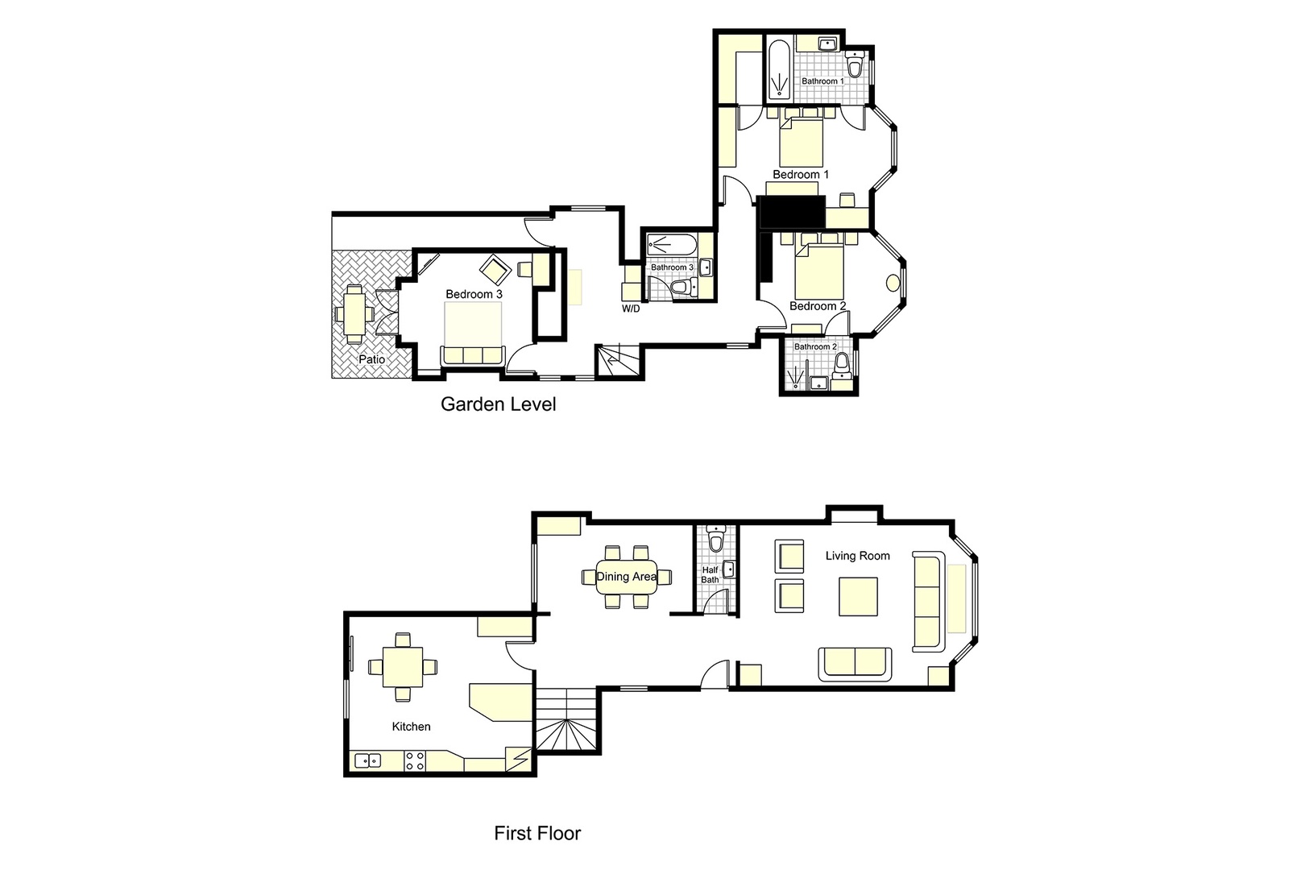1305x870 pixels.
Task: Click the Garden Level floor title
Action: click(x=498, y=404)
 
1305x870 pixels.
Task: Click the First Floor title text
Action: click(x=537, y=833)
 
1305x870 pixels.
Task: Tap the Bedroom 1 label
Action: click(x=801, y=175)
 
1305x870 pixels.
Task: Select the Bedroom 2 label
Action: click(x=818, y=306)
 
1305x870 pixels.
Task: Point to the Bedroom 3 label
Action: click(x=474, y=295)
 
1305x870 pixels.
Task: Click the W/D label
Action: click(x=631, y=309)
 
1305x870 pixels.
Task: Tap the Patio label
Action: click(x=371, y=359)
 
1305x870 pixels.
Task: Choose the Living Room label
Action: click(x=858, y=556)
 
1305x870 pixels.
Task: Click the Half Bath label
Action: click(x=710, y=574)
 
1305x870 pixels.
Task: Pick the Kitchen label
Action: click(x=411, y=727)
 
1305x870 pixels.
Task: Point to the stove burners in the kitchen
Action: click(x=414, y=760)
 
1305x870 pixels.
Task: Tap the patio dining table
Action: click(x=354, y=313)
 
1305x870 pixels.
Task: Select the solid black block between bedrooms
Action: click(x=792, y=213)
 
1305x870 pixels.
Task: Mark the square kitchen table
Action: click(x=401, y=665)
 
